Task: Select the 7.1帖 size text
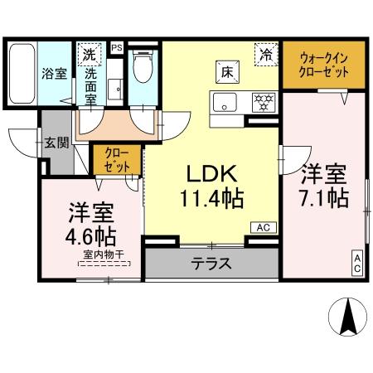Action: tap(322, 200)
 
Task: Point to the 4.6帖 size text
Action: tap(92, 235)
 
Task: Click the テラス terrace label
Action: tap(211, 265)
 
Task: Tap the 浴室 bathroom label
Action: tap(55, 73)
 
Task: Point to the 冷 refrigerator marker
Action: tap(266, 56)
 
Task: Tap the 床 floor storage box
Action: tap(226, 71)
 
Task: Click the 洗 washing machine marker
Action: tap(90, 56)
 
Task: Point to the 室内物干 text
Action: tap(104, 258)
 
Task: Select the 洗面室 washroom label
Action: tap(90, 86)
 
